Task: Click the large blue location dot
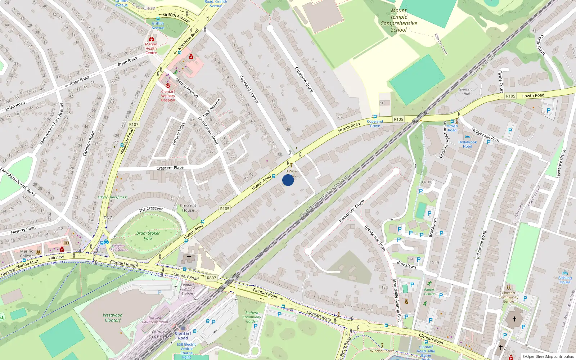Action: click(x=288, y=180)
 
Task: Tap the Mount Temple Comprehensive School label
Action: click(x=399, y=21)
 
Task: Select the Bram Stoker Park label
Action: click(x=148, y=235)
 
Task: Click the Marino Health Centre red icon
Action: click(x=152, y=39)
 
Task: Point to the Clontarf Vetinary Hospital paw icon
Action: click(x=168, y=85)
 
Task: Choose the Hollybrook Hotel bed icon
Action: click(x=467, y=137)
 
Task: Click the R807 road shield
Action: click(x=211, y=278)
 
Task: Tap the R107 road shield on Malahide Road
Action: click(x=134, y=124)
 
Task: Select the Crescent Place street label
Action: click(x=170, y=168)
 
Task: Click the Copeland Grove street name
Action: click(x=304, y=80)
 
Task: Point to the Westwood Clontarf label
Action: click(x=113, y=318)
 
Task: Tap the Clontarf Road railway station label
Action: click(x=183, y=336)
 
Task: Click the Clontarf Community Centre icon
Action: click(x=508, y=287)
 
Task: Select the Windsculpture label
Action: click(x=382, y=351)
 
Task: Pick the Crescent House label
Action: click(x=188, y=208)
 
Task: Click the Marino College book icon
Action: click(x=39, y=252)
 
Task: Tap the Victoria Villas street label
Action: click(x=179, y=134)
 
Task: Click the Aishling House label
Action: click(x=565, y=280)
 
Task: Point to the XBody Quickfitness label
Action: click(x=113, y=197)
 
